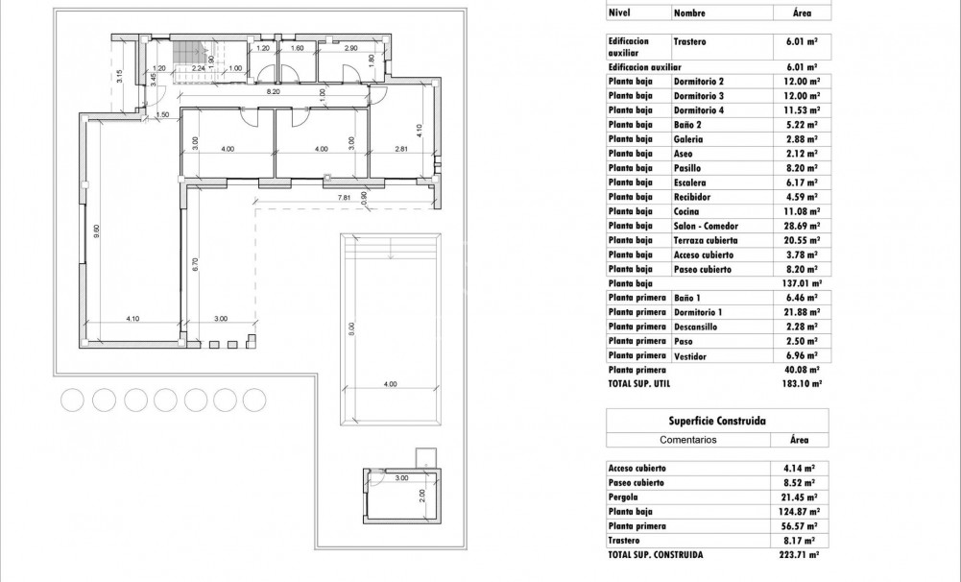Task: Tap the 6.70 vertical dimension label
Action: click(x=195, y=267)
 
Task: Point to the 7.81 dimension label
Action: click(x=343, y=198)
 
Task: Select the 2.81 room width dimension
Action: click(x=402, y=149)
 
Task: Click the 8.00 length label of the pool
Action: click(x=352, y=328)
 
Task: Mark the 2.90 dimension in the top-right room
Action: click(x=351, y=48)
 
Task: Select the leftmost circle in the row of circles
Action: click(x=72, y=399)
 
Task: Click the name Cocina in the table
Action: click(x=686, y=211)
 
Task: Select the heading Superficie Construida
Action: click(x=716, y=421)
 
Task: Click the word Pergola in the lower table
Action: click(x=624, y=497)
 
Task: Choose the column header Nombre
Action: click(x=689, y=13)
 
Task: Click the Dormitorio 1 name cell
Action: click(x=698, y=312)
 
